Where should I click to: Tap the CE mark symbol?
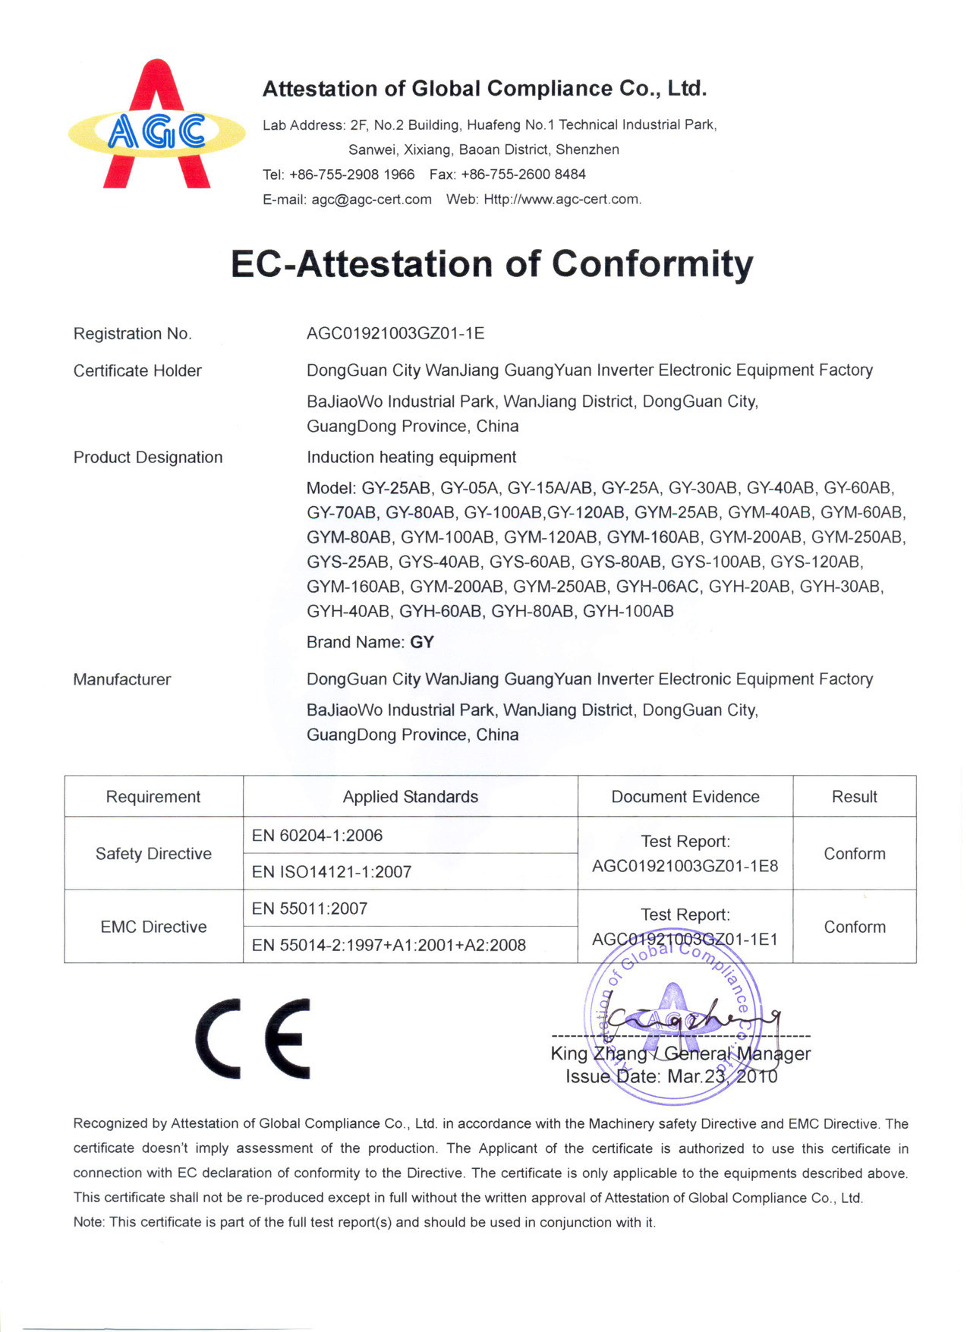[x=254, y=1038]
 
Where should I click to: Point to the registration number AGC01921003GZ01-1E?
[x=395, y=333]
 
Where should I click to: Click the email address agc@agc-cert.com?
[x=371, y=199]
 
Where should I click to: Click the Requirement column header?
[x=153, y=796]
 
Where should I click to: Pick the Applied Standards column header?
[x=410, y=796]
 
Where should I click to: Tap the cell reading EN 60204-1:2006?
[x=317, y=836]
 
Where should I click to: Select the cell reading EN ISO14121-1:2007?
[x=332, y=872]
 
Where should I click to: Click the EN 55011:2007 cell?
[x=310, y=908]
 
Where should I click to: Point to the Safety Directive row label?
[x=153, y=854]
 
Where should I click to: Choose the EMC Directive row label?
[x=153, y=927]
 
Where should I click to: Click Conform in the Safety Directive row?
[x=855, y=854]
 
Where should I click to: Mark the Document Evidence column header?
[x=685, y=796]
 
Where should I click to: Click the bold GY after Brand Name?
[x=422, y=642]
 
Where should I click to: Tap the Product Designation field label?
[x=148, y=457]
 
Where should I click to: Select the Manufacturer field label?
[x=122, y=679]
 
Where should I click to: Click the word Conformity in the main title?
[x=653, y=264]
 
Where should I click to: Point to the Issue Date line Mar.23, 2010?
[x=672, y=1076]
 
